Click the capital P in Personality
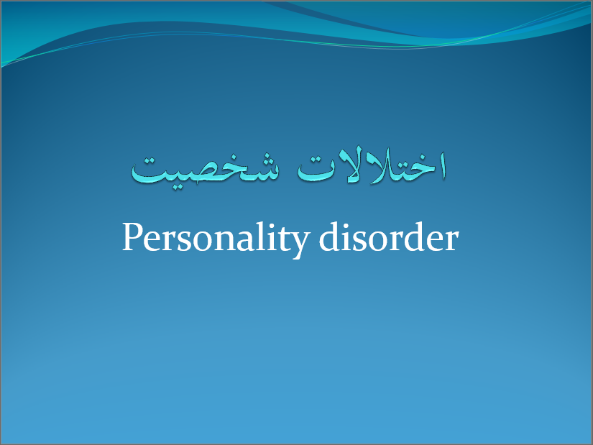pos(131,237)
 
